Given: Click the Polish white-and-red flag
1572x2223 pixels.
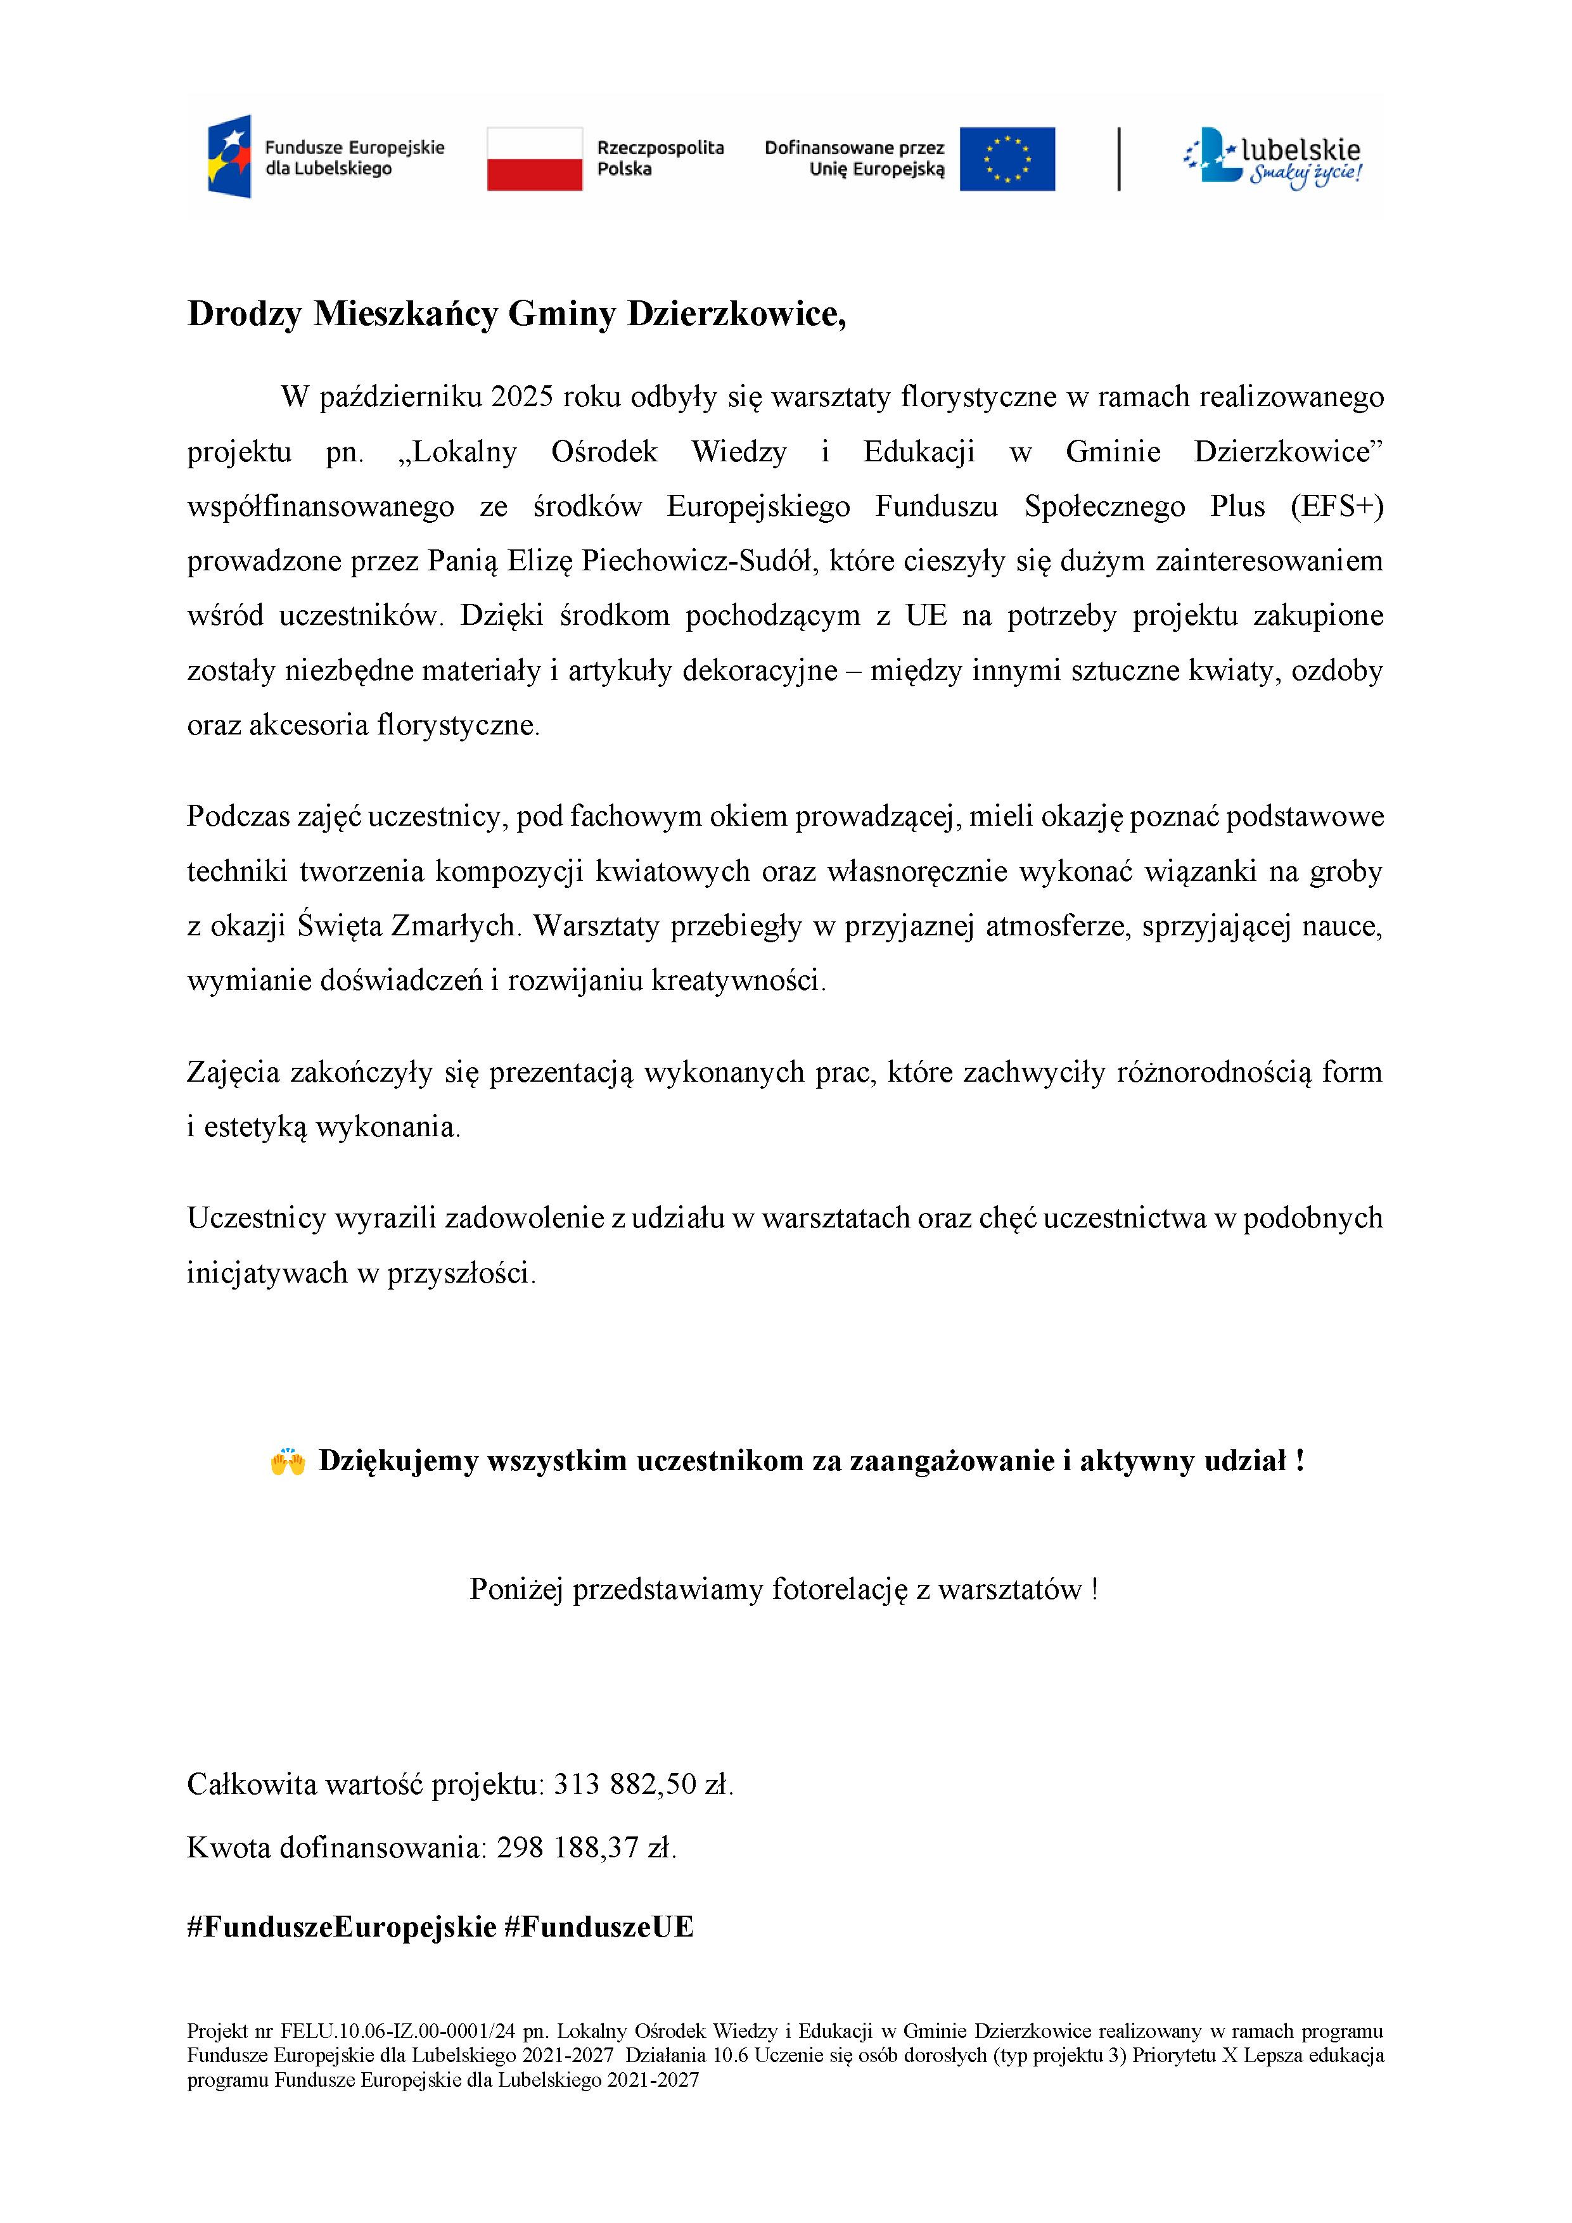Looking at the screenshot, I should (x=534, y=159).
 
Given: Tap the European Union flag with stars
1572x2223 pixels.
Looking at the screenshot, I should (x=1007, y=159).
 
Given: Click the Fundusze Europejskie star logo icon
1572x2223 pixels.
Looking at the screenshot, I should (x=229, y=157).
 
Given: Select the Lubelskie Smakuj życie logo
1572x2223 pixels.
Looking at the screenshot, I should (x=1273, y=158).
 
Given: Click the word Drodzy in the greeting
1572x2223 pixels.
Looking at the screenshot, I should (x=244, y=315).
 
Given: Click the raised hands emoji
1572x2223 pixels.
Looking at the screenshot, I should (x=288, y=1461).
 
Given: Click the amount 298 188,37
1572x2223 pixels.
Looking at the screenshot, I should (x=569, y=1848).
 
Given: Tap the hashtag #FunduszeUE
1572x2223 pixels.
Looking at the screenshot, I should (x=599, y=1926).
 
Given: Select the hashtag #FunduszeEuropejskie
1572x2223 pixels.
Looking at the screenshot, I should (x=342, y=1926).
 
